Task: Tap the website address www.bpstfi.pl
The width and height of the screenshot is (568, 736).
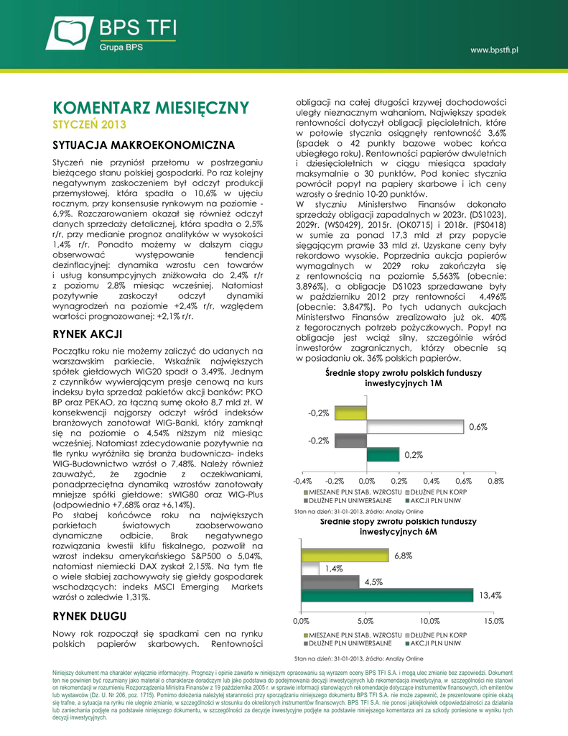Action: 495,50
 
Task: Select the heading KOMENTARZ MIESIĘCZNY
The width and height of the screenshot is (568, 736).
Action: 151,108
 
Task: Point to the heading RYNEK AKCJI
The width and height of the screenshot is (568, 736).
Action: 88,334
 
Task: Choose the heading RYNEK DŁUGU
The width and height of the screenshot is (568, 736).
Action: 90,615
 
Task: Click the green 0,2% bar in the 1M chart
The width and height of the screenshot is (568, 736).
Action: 383,454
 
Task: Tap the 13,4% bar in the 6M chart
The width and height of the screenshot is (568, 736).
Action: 387,596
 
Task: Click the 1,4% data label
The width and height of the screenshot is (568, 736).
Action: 333,569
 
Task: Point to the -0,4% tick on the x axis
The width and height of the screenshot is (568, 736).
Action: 302,479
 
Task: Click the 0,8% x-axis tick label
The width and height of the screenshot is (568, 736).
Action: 495,479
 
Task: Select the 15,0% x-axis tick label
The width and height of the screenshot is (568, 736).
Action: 493,620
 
